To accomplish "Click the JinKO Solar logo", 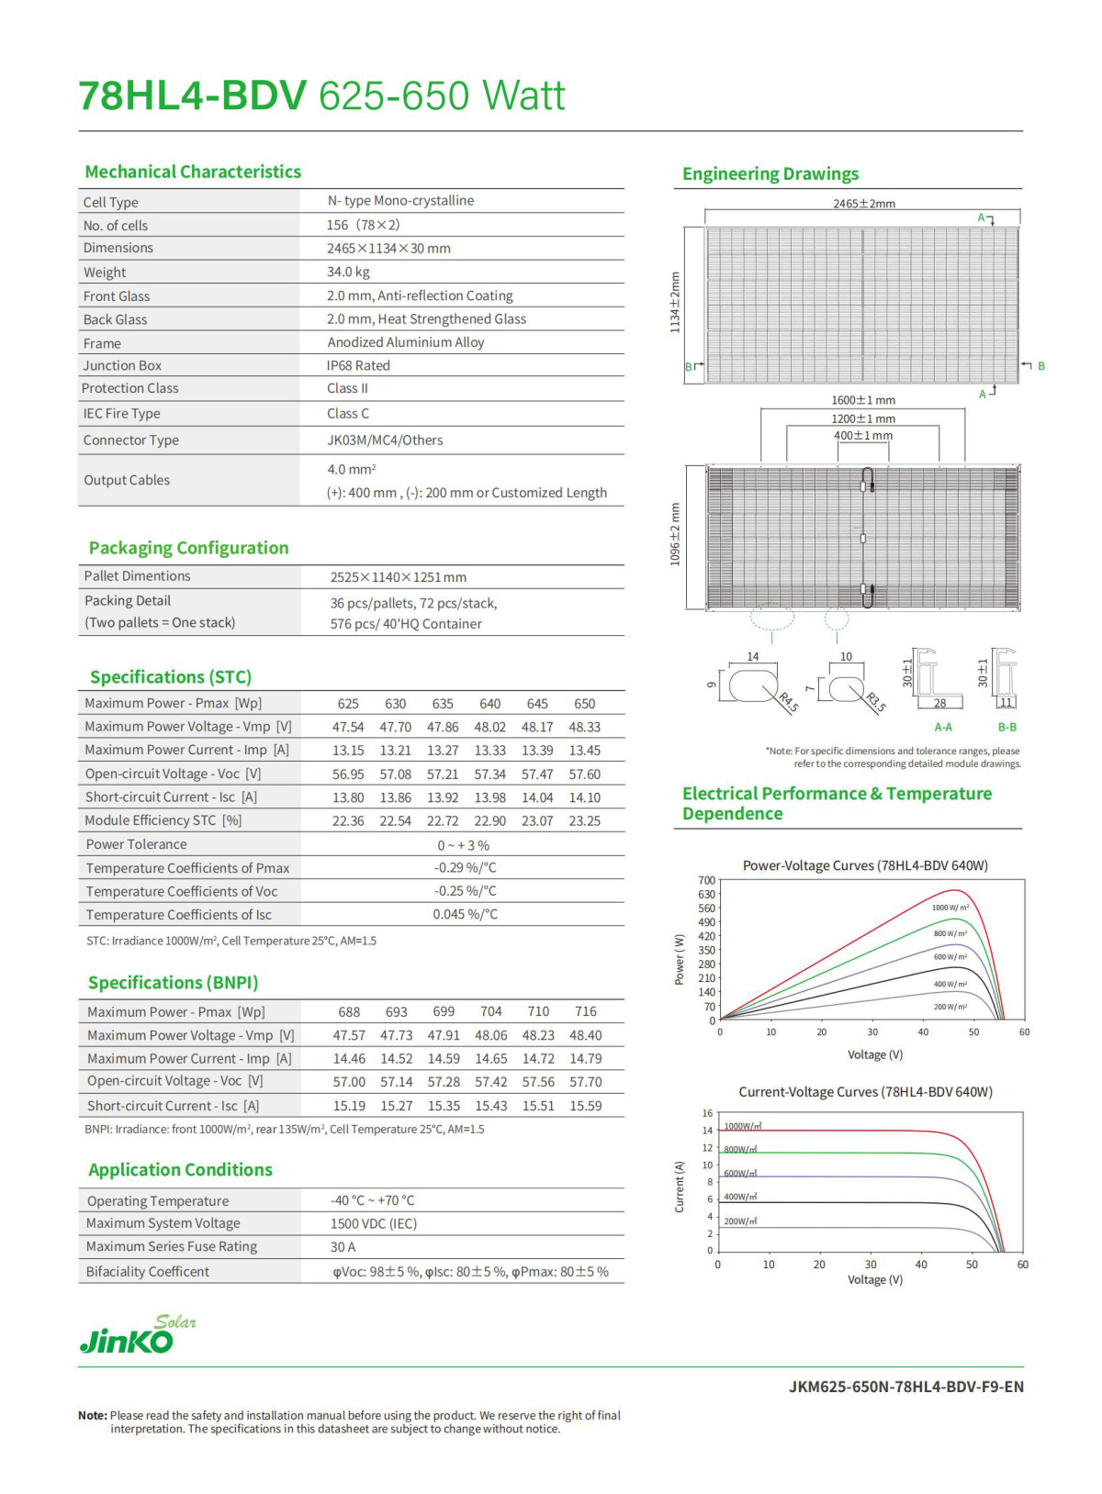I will pos(137,1336).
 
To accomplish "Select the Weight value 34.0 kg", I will pos(348,272).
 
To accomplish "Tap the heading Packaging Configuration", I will pos(188,548).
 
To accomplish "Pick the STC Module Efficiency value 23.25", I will pos(584,820).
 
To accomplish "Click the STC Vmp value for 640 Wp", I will pos(489,727).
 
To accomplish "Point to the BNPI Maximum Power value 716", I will pos(585,1011).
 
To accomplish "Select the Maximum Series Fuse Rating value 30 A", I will pos(343,1247).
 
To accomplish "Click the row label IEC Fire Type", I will pos(121,413).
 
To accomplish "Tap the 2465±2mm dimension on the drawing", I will pos(863,204).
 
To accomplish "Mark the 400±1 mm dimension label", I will pos(862,435).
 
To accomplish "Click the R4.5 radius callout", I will pos(788,703).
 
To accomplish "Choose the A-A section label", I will pos(943,727).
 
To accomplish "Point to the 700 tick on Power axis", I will pos(706,880).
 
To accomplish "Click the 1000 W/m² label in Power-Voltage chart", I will pos(950,908).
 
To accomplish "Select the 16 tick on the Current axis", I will pos(707,1113).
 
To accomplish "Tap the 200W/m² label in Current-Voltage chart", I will pos(740,1221).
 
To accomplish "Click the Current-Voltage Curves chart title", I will pos(865,1092).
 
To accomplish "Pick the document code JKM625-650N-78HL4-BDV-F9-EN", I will pos(905,1387).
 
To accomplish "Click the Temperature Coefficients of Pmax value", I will pos(465,867).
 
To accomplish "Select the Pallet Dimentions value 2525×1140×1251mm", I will pos(398,577).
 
